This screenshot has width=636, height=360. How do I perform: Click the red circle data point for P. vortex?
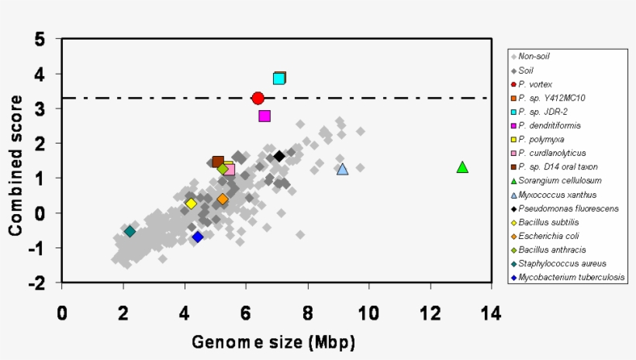point(258,98)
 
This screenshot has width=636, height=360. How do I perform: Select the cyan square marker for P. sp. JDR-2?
point(279,78)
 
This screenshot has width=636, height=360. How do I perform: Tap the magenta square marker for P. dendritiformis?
point(264,116)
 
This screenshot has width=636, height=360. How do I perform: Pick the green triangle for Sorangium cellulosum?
point(462,167)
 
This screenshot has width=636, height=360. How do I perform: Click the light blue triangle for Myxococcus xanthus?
point(342,168)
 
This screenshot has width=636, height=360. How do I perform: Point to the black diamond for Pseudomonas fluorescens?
point(279,156)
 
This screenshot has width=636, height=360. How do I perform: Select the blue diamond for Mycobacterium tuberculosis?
point(198,237)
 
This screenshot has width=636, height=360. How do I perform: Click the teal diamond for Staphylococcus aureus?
point(130,231)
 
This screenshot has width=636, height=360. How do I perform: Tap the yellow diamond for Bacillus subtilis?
point(191,203)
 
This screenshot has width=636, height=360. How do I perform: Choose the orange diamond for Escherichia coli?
point(223,199)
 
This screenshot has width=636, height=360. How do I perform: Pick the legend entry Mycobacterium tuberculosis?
point(571,277)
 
